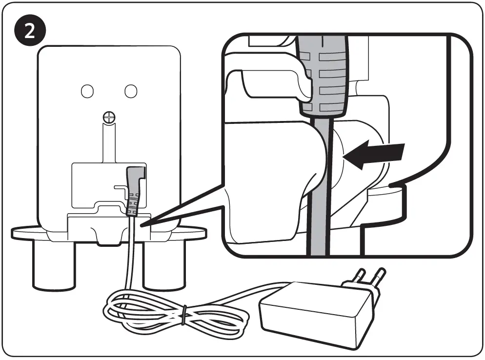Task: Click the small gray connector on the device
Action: [x=133, y=190]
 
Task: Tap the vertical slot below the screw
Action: [x=108, y=141]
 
